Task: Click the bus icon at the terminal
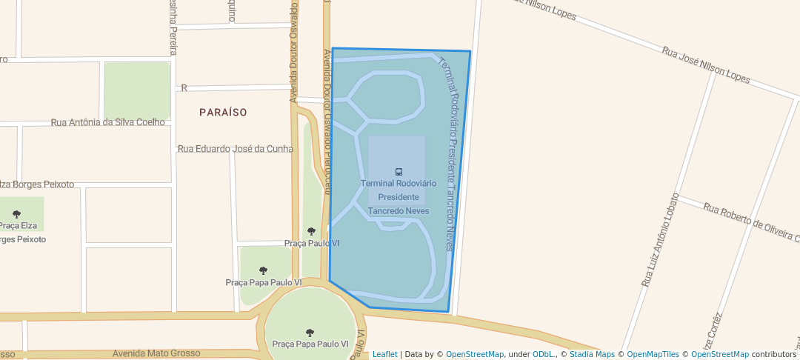pyautogui.click(x=399, y=172)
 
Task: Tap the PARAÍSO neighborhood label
pyautogui.click(x=223, y=112)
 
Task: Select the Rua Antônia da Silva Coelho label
pyautogui.click(x=107, y=122)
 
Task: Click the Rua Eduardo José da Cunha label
pyautogui.click(x=236, y=149)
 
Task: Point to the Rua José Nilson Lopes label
pyautogui.click(x=705, y=65)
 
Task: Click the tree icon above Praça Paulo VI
pyautogui.click(x=311, y=231)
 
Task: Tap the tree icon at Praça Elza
pyautogui.click(x=17, y=214)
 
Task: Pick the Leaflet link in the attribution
pyautogui.click(x=384, y=354)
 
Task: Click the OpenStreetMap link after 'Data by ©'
pyautogui.click(x=475, y=354)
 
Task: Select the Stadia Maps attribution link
pyautogui.click(x=592, y=354)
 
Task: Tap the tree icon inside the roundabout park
pyautogui.click(x=310, y=333)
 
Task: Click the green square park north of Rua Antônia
pyautogui.click(x=137, y=90)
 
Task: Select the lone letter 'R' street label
pyautogui.click(x=184, y=88)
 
